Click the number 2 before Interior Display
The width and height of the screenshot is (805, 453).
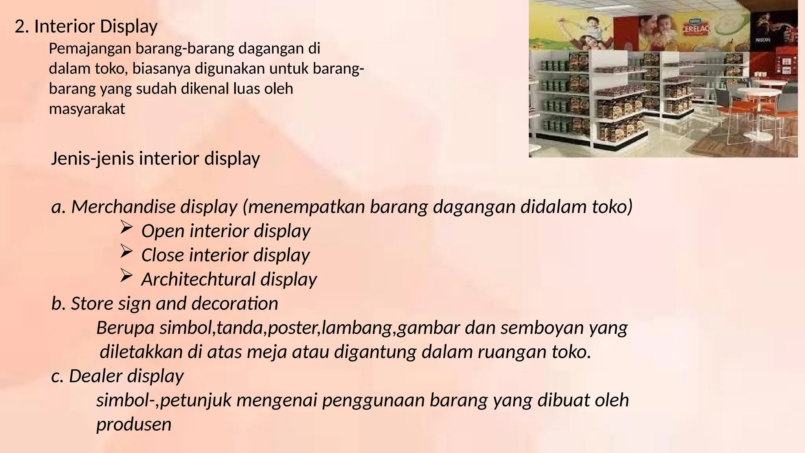pos(20,27)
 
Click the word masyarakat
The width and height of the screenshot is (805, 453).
pos(87,109)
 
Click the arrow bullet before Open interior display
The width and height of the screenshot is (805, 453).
pos(125,228)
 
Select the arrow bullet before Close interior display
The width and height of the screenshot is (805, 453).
pos(125,252)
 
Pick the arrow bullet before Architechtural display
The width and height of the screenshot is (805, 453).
pos(125,276)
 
